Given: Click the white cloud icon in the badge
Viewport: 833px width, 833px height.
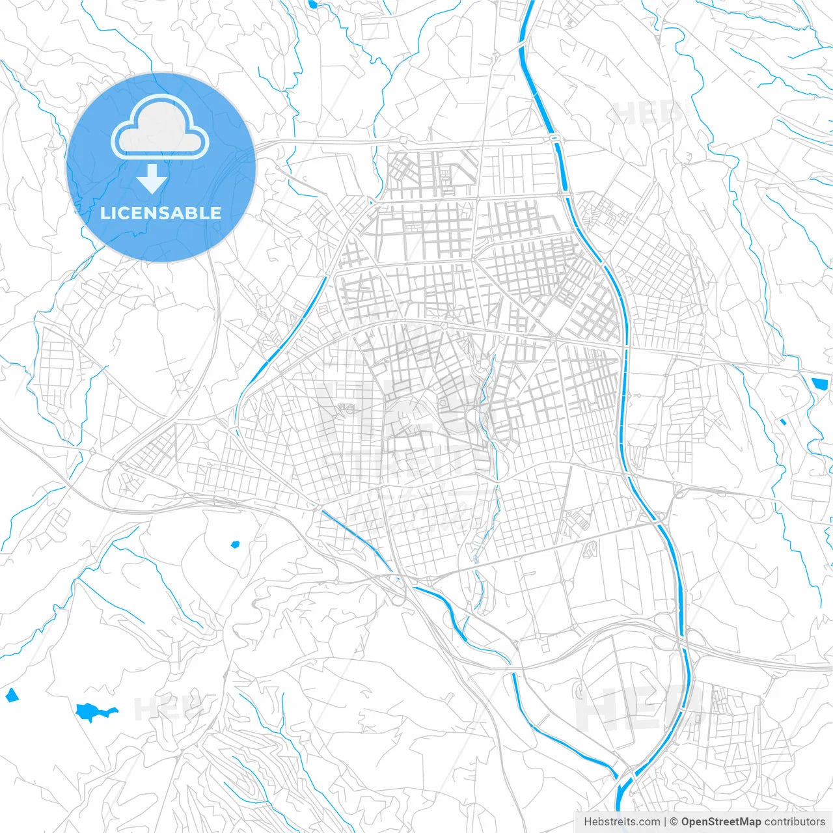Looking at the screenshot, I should coord(160,127).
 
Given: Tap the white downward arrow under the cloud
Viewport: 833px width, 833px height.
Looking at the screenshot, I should coord(152,179).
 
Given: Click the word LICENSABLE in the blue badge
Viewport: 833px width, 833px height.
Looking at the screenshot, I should coord(161,213).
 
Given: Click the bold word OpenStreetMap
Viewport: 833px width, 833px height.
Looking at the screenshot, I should coord(721,822).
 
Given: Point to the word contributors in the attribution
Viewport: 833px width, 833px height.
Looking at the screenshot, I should coord(795,822).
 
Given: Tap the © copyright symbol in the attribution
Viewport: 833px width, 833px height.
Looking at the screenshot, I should coord(674,822).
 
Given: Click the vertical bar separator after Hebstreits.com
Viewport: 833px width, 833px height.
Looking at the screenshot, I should coord(665,822).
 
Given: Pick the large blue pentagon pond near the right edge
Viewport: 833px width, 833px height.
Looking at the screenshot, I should coord(817,385).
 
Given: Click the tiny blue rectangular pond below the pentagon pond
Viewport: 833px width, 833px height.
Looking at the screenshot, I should coord(784,422).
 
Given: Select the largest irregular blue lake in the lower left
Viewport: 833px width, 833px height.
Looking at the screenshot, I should coord(95,711).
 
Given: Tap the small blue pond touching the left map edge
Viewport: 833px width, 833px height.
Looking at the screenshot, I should coord(11,696).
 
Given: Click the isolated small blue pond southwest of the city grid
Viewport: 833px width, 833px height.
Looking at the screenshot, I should coord(235,543).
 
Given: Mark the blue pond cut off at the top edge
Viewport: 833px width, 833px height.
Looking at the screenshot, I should coord(314,4).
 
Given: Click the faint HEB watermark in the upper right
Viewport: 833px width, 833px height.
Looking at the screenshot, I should coord(648,113).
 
